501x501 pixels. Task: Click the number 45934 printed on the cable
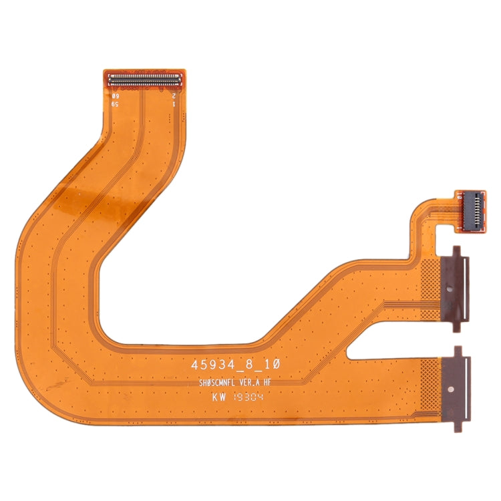pyautogui.click(x=210, y=367)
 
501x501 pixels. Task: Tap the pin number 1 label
pyautogui.click(x=174, y=105)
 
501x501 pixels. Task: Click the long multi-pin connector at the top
pyautogui.click(x=145, y=79)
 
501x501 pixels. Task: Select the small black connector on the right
pyautogui.click(x=472, y=212)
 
